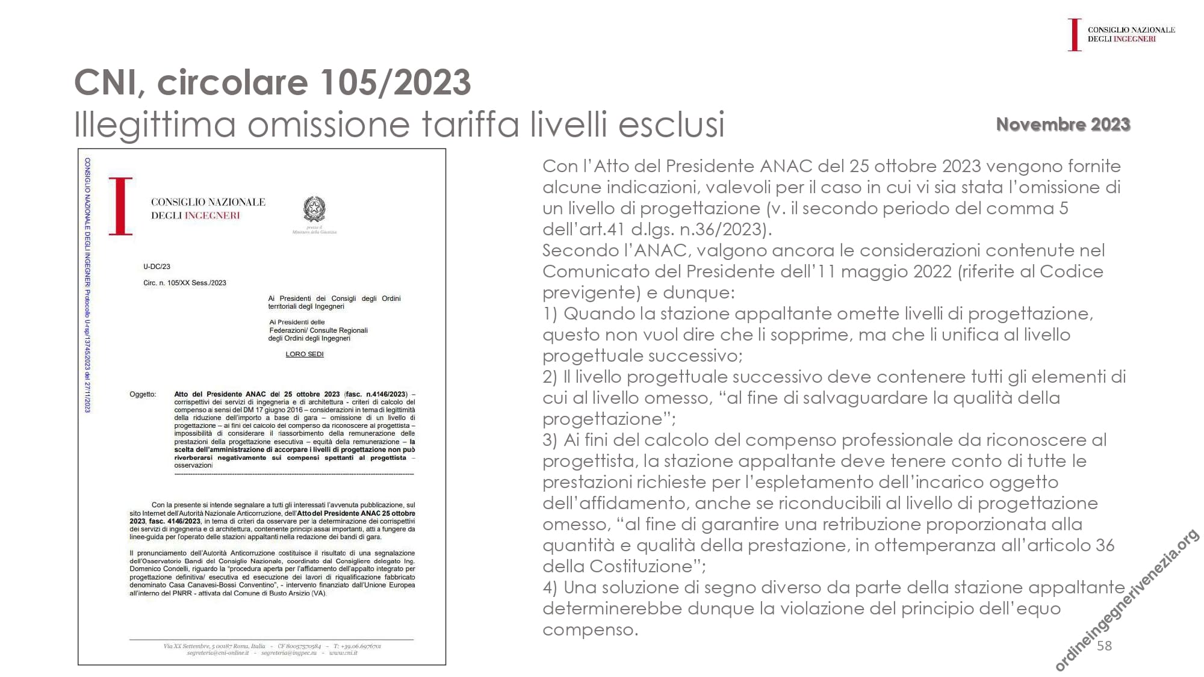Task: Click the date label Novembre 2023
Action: (1063, 124)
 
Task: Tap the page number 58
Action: (1104, 646)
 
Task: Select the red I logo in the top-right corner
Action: (1074, 34)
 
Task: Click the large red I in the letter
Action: (121, 206)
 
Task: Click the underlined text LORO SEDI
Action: (305, 354)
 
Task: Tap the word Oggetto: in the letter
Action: (143, 394)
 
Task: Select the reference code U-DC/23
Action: (157, 267)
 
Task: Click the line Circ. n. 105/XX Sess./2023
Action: (185, 283)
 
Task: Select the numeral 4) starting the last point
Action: (550, 587)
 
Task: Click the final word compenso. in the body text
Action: (590, 629)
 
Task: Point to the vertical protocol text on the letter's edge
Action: (88, 285)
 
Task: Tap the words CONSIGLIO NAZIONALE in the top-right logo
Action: (1131, 29)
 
